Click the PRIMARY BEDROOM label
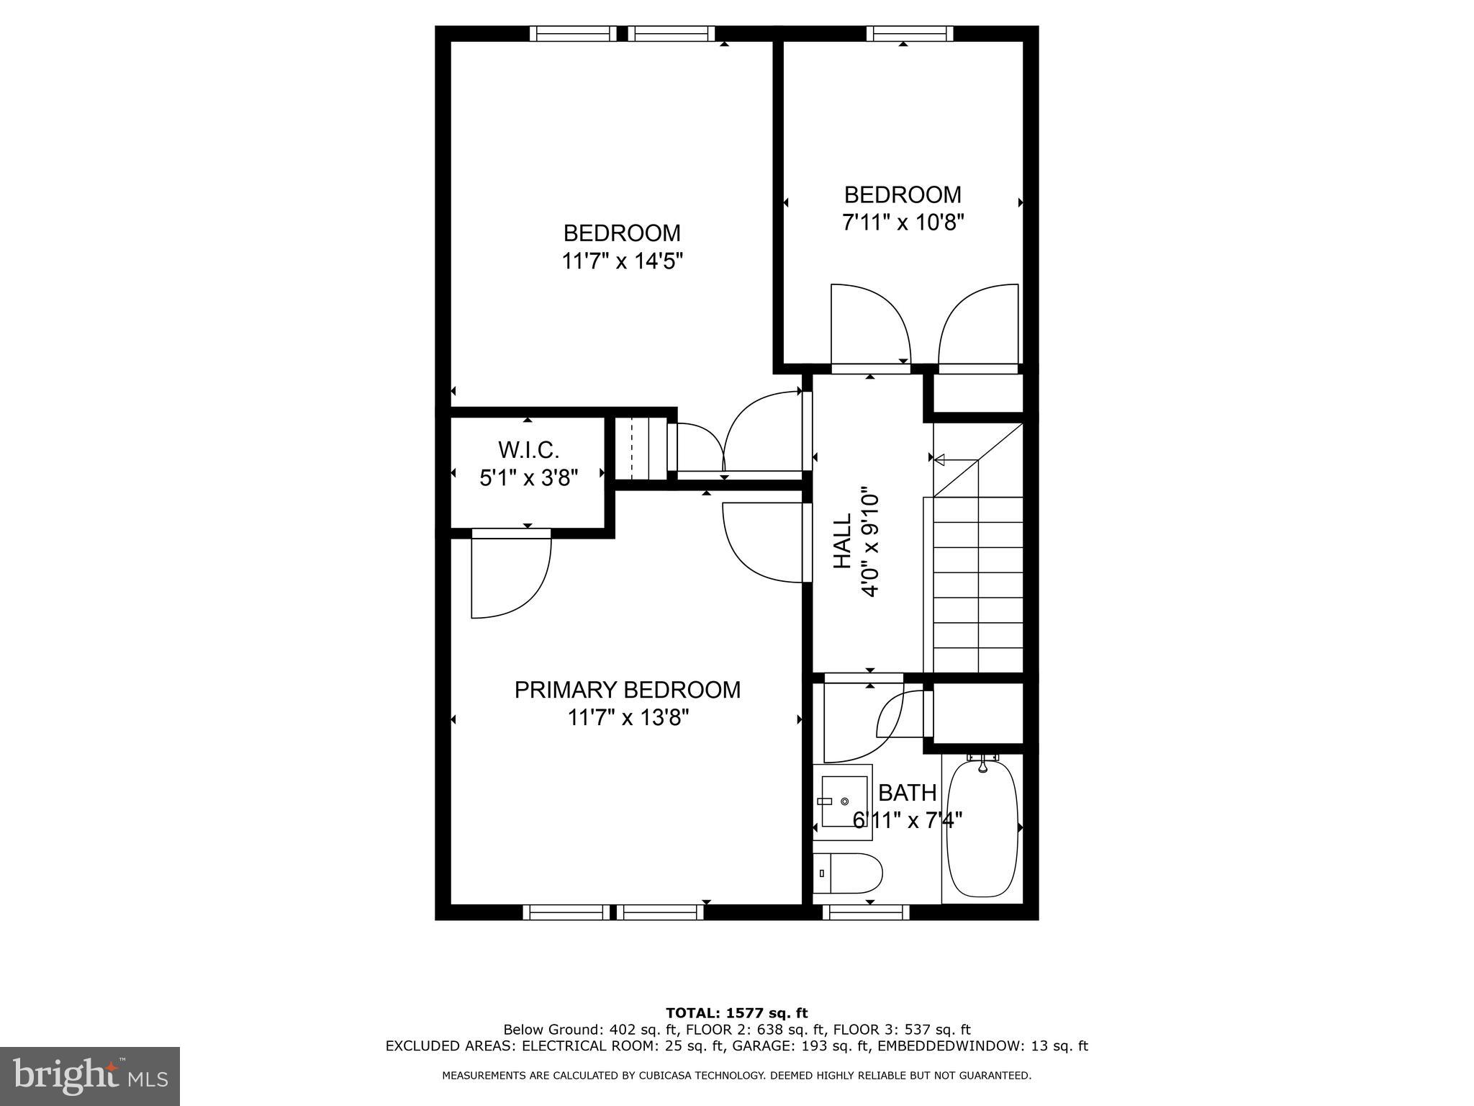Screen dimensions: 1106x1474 (x=627, y=690)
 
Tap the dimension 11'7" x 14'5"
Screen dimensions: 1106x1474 (x=622, y=261)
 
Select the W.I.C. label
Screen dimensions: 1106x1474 (x=528, y=451)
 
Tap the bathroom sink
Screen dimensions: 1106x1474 (x=843, y=801)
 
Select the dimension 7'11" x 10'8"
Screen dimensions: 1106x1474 (x=903, y=222)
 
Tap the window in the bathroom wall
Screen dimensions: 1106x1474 (x=866, y=913)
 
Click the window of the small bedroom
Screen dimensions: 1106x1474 (x=910, y=33)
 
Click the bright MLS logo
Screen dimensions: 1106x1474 (x=90, y=1076)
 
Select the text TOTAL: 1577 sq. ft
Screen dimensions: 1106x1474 (x=736, y=1014)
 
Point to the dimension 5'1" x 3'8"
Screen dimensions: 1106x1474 (x=529, y=477)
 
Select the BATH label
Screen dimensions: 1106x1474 (x=908, y=793)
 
